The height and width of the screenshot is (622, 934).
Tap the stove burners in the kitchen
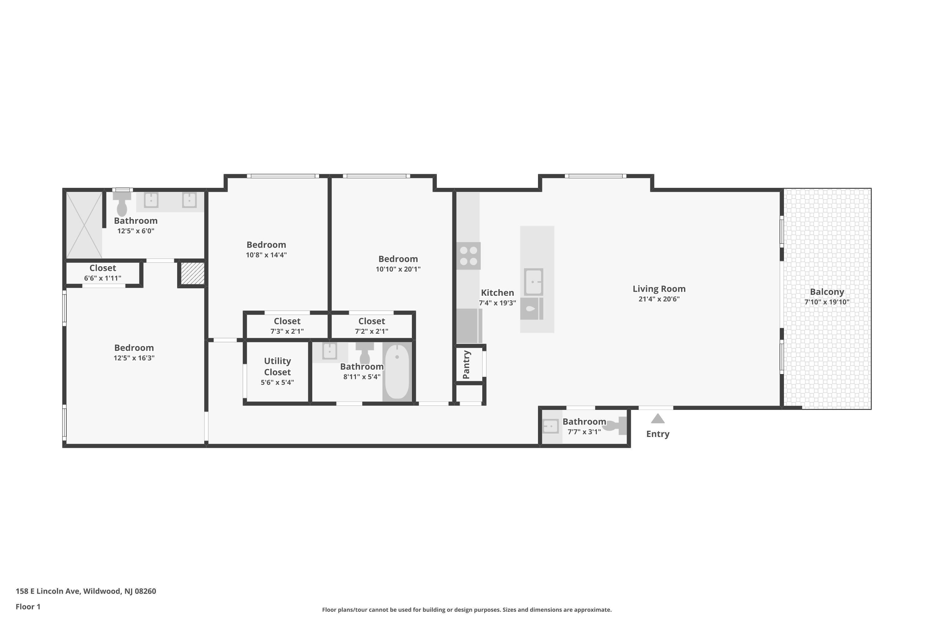468,256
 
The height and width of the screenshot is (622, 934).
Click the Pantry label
466,364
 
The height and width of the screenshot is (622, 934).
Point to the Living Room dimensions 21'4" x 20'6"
659,299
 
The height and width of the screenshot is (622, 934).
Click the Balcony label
827,292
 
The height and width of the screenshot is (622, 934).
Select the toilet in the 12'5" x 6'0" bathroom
122,204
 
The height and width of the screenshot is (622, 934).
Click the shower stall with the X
84,225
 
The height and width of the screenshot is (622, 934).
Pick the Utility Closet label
277,367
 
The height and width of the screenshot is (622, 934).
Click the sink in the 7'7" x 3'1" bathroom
550,427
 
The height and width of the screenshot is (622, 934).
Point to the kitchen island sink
533,282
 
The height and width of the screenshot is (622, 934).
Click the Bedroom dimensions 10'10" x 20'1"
398,269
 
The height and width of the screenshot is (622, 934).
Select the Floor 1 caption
28,606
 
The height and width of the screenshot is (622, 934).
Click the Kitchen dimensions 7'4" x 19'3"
497,303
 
